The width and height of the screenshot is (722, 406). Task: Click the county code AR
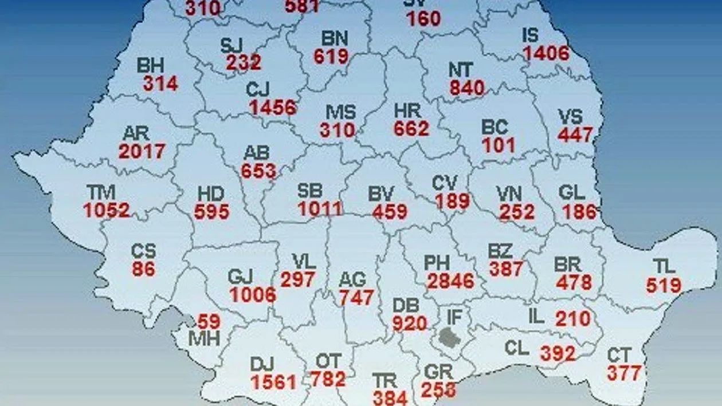click(136, 134)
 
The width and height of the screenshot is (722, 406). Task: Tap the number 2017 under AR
click(142, 151)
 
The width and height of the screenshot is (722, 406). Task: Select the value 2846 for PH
click(450, 281)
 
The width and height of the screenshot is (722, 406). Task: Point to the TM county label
click(101, 192)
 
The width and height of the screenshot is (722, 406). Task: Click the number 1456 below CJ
click(273, 107)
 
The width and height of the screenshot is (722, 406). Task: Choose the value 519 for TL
click(664, 285)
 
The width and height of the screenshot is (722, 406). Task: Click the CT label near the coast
click(620, 356)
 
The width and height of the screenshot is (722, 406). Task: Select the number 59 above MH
click(209, 321)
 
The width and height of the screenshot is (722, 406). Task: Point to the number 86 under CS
click(143, 269)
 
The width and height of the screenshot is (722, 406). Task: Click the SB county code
click(310, 191)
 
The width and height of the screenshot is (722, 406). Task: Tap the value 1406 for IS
click(546, 53)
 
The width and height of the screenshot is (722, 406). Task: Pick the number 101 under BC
click(499, 145)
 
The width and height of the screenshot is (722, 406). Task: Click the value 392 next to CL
click(558, 353)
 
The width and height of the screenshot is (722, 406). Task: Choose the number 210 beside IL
click(572, 318)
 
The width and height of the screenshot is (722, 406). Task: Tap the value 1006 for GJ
click(252, 294)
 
